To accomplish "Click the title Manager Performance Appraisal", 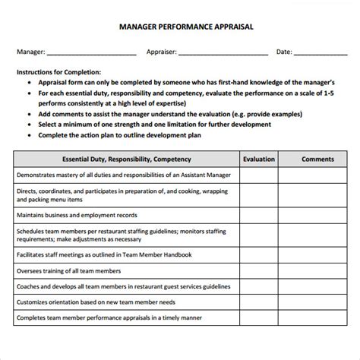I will coord(179,25).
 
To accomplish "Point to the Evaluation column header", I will coord(259,159).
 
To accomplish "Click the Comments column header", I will coord(317,159).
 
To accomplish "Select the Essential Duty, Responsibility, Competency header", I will coord(126,159).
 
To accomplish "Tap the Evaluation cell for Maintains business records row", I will coord(259,215).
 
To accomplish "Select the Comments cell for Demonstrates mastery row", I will coord(317,175).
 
